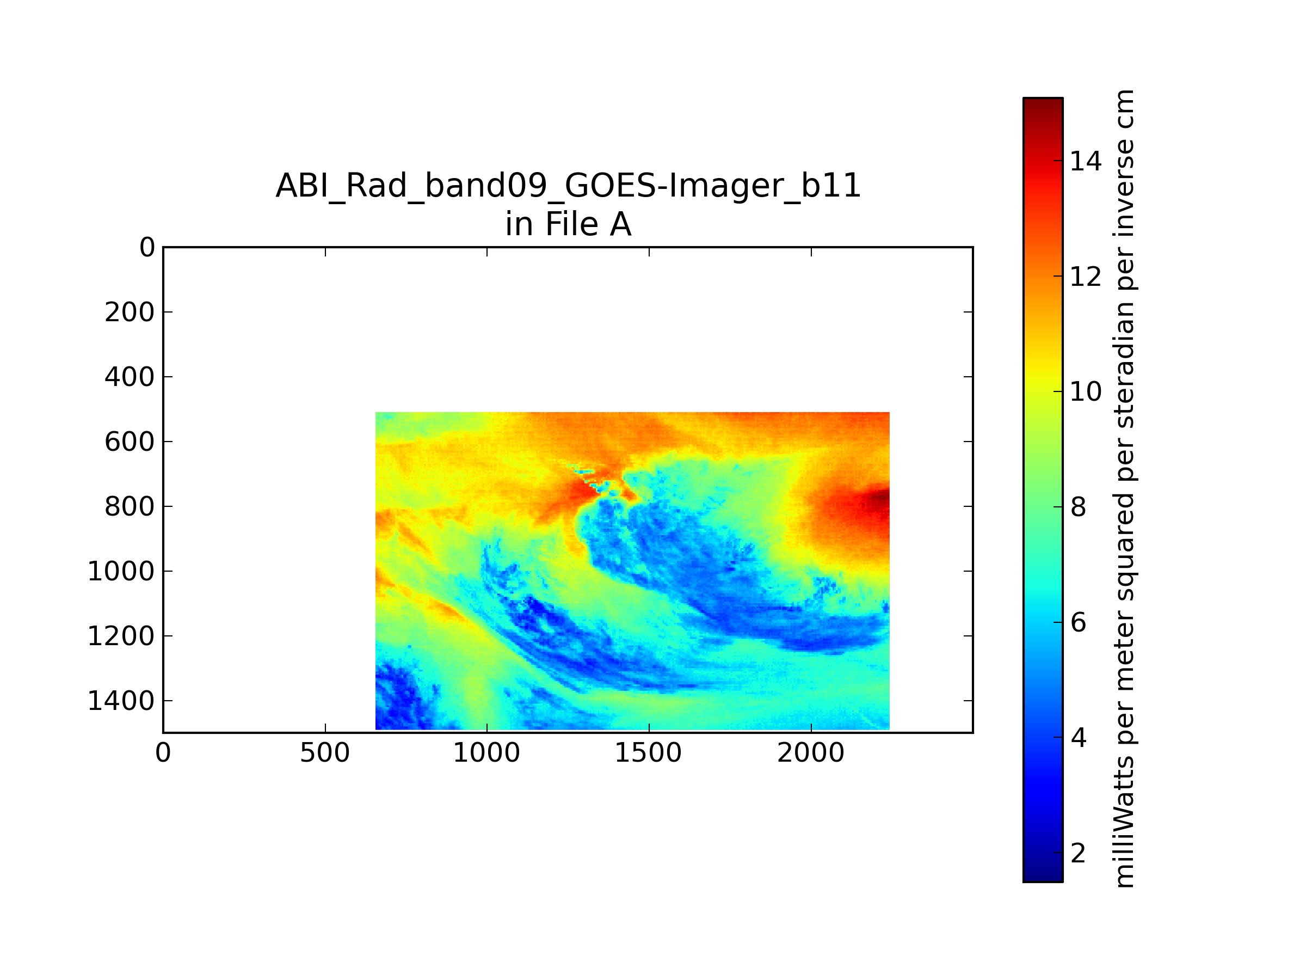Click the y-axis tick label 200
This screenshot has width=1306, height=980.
pyautogui.click(x=130, y=312)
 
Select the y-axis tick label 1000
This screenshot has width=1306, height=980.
pyautogui.click(x=121, y=571)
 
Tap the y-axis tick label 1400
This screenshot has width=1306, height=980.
pyautogui.click(x=121, y=701)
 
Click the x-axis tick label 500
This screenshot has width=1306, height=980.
pyautogui.click(x=325, y=752)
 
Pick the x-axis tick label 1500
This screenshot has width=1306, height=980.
pyautogui.click(x=648, y=752)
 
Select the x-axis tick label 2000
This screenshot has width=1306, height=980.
pyautogui.click(x=811, y=752)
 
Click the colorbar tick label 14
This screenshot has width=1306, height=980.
pyautogui.click(x=1086, y=161)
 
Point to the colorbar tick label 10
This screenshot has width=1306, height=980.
pyautogui.click(x=1086, y=391)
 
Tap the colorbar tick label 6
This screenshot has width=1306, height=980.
pyautogui.click(x=1078, y=622)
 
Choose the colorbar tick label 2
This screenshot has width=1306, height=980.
pyautogui.click(x=1078, y=853)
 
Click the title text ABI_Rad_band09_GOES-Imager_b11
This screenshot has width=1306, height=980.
pyautogui.click(x=568, y=187)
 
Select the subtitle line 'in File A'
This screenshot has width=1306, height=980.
pyautogui.click(x=568, y=224)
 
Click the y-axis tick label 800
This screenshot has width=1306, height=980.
pyautogui.click(x=130, y=506)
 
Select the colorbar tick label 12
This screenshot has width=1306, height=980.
pyautogui.click(x=1086, y=276)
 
